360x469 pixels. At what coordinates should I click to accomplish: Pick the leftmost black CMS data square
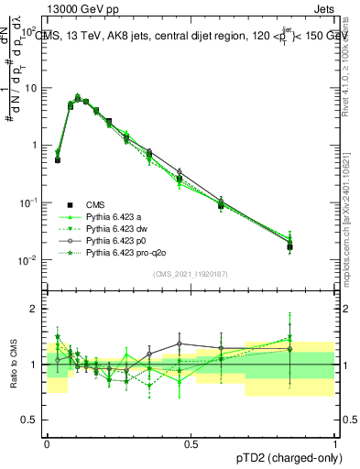58,159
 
